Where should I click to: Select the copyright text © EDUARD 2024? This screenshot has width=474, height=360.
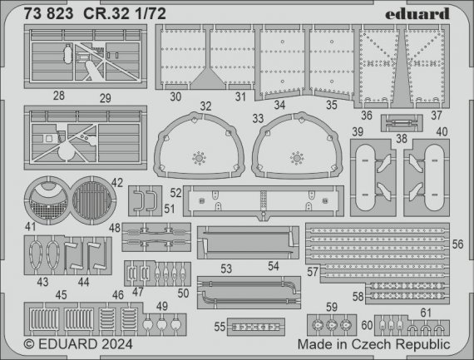pyautogui.click(x=73, y=343)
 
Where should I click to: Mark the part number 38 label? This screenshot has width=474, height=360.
pyautogui.click(x=402, y=139)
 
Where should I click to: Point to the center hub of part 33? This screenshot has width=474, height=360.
pyautogui.click(x=295, y=156)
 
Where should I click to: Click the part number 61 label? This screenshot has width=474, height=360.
pyautogui.click(x=427, y=312)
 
